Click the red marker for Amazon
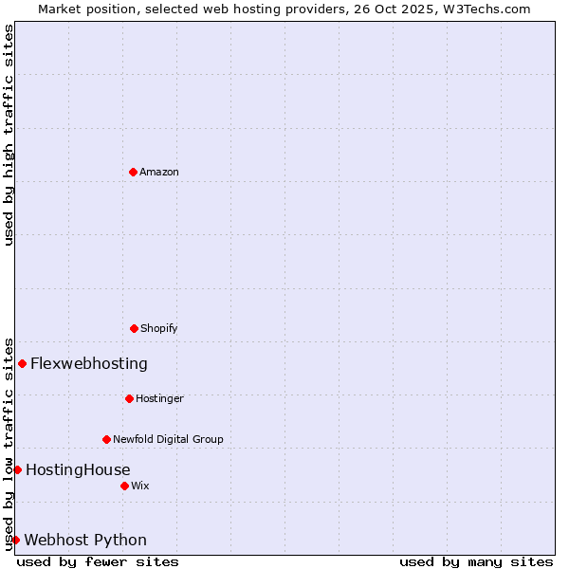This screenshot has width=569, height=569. pyautogui.click(x=133, y=172)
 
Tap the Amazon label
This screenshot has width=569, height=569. pyautogui.click(x=159, y=172)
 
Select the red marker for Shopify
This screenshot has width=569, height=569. pyautogui.click(x=134, y=328)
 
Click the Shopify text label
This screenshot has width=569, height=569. pyautogui.click(x=159, y=328)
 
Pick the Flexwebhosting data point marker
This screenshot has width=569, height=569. pyautogui.click(x=22, y=363)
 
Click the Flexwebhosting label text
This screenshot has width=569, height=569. pyautogui.click(x=89, y=363)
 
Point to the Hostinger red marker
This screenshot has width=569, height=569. pyautogui.click(x=129, y=398)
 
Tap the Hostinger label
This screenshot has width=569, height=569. pyautogui.click(x=159, y=398)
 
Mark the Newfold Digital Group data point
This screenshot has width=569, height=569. pyautogui.click(x=106, y=439)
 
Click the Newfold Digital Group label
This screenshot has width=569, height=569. pyautogui.click(x=168, y=439)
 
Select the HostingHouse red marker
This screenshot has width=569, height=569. pyautogui.click(x=17, y=469)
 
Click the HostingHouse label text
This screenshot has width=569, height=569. pyautogui.click(x=78, y=469)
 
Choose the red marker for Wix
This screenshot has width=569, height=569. pyautogui.click(x=124, y=486)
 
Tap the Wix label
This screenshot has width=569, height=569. pyautogui.click(x=140, y=486)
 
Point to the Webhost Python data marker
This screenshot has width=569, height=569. pyautogui.click(x=15, y=540)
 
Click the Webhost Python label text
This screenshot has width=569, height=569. pyautogui.click(x=85, y=540)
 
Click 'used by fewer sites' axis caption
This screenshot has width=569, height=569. pyautogui.click(x=98, y=561)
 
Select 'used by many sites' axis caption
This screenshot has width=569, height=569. pyautogui.click(x=476, y=561)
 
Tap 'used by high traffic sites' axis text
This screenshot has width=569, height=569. pyautogui.click(x=9, y=135)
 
